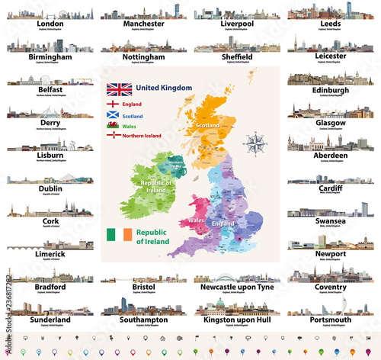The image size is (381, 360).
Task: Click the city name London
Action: pyautogui.click(x=49, y=23)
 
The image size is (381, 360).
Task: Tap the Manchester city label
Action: pyautogui.click(x=143, y=23)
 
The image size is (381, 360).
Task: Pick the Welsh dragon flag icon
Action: pyautogui.click(x=113, y=124)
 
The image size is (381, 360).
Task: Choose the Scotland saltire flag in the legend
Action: pyautogui.click(x=113, y=114)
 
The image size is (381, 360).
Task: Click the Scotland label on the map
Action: pyautogui.click(x=209, y=124)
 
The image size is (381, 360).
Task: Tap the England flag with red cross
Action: pyautogui.click(x=113, y=103)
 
